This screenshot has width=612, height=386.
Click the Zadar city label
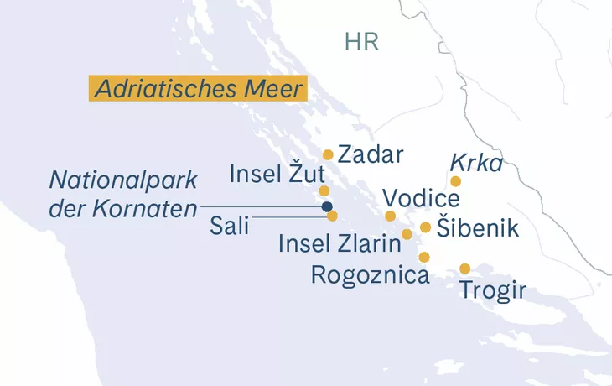tap(371, 154)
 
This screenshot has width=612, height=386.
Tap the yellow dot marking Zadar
tap(328, 154)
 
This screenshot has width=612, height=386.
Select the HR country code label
tap(362, 42)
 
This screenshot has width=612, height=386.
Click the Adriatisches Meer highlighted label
tap(198, 88)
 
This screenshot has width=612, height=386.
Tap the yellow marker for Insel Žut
tap(324, 191)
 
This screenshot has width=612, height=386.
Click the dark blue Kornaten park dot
tap(326, 206)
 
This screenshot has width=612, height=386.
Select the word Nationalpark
tap(122, 180)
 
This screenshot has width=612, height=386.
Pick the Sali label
tap(230, 225)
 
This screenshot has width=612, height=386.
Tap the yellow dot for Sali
tap(332, 216)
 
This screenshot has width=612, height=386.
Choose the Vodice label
tap(421, 200)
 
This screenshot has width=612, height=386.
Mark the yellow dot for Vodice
tap(390, 216)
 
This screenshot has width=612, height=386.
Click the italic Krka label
tap(476, 163)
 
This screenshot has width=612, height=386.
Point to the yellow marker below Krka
tap(455, 181)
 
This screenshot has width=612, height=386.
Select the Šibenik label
tap(471, 228)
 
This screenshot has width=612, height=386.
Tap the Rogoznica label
tap(371, 274)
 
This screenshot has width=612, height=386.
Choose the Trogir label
tap(493, 291)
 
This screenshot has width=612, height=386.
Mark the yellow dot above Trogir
tap(464, 269)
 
